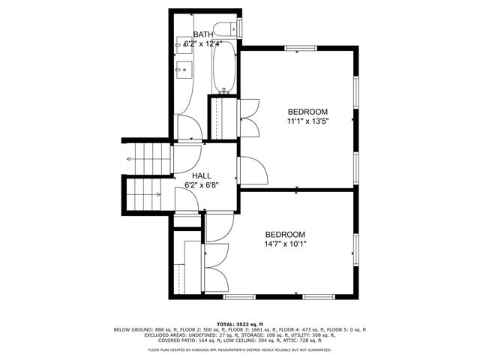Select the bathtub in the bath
pyautogui.click(x=224, y=67)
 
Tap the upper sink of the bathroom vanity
pyautogui.click(x=184, y=45)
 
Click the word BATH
pyautogui.click(x=203, y=34)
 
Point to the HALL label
pyautogui.click(x=200, y=174)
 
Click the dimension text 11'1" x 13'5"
pyautogui.click(x=308, y=120)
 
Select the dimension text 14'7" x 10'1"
pyautogui.click(x=285, y=244)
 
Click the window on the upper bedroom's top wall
pyautogui.click(x=299, y=49)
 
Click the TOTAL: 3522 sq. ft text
pyautogui.click(x=239, y=322)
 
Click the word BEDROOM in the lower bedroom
pyautogui.click(x=285, y=234)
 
